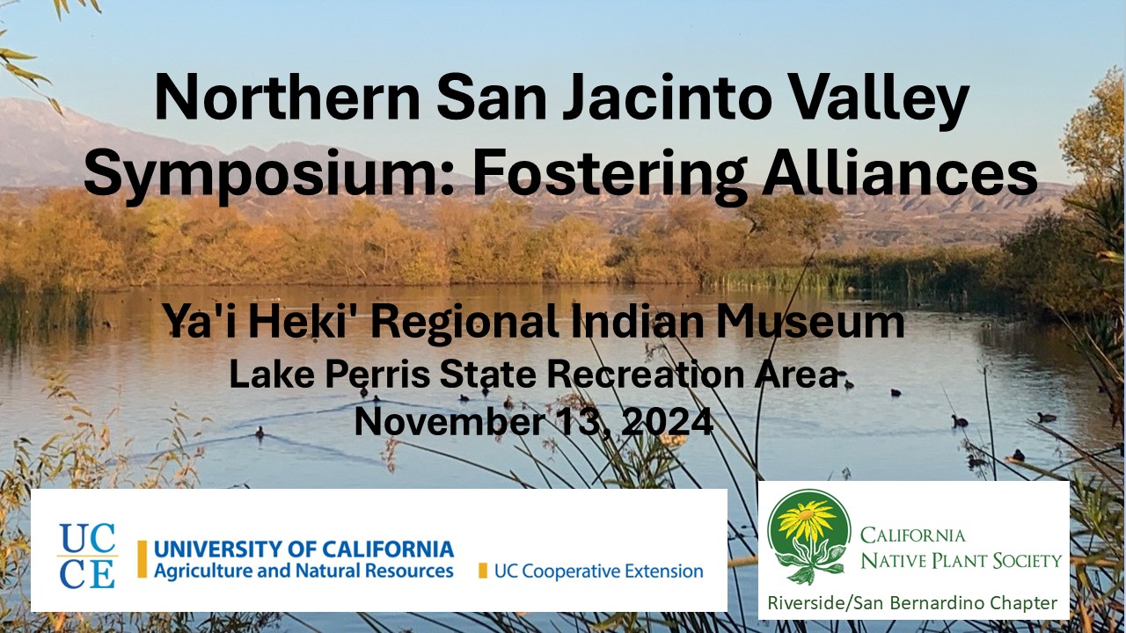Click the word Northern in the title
tap(288, 97)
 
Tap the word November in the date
tap(450, 423)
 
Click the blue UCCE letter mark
tap(87, 556)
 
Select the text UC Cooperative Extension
tap(599, 571)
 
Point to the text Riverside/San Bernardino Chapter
tap(912, 602)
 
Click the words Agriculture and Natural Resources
tap(303, 571)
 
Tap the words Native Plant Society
tap(961, 560)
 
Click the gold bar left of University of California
tap(143, 558)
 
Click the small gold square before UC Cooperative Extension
tap(483, 571)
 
